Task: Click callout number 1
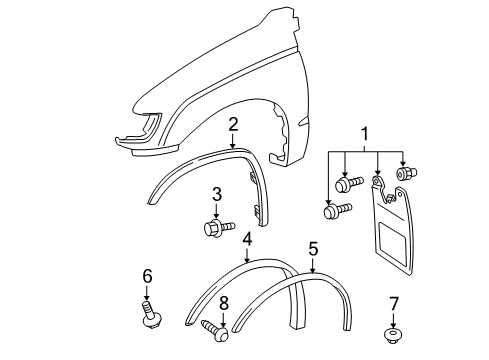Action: click(365, 132)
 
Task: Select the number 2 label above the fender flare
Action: click(232, 124)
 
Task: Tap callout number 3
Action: click(215, 193)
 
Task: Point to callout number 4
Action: click(247, 240)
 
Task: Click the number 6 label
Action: click(147, 276)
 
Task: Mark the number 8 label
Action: click(224, 301)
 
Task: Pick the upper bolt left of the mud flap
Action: click(349, 185)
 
